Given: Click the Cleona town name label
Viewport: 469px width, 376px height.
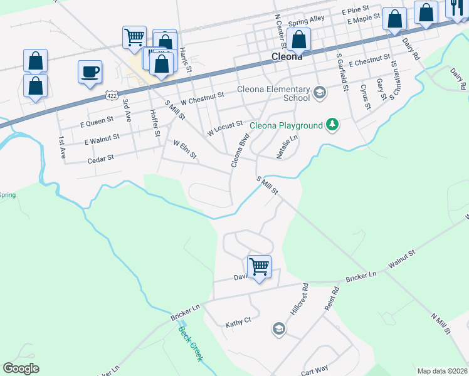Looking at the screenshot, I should click(287, 56).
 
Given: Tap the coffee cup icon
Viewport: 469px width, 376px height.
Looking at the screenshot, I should click(90, 71).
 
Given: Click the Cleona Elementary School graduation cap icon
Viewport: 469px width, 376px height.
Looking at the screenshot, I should click(319, 93).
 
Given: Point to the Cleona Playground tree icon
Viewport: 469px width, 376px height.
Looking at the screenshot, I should click(333, 125).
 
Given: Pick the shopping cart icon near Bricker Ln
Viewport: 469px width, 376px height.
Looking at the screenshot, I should click(259, 266).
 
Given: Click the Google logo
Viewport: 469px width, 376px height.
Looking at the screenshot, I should click(21, 368).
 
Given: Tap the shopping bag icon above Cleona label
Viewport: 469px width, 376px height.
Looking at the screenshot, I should click(298, 39).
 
